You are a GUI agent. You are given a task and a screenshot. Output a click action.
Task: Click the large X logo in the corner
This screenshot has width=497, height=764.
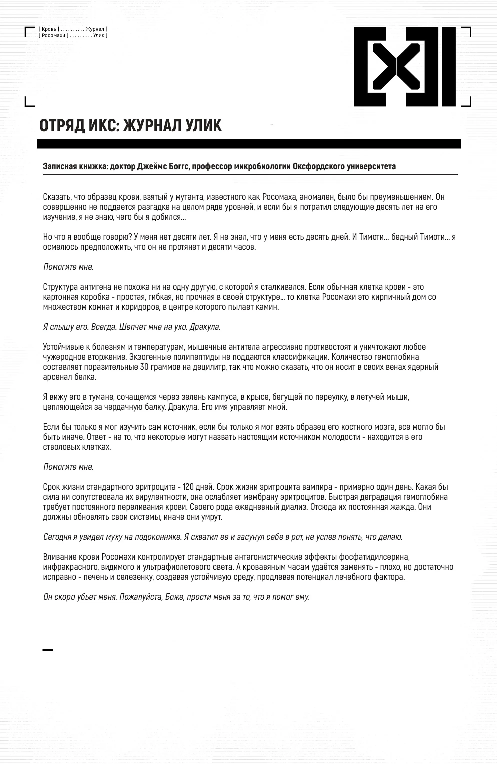tap(404, 66)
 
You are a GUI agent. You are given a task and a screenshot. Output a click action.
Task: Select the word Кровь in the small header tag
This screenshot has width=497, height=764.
tap(49, 29)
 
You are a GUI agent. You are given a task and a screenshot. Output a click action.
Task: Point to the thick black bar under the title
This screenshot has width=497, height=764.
tap(248, 143)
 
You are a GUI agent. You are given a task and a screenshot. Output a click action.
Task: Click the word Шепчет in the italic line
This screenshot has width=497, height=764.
tap(132, 327)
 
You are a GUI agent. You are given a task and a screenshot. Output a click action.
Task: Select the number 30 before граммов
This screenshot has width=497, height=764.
tap(144, 367)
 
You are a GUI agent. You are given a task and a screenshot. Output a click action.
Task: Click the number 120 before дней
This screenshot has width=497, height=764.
tap(189, 487)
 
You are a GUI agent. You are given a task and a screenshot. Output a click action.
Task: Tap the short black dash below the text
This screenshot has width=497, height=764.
tap(47, 650)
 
